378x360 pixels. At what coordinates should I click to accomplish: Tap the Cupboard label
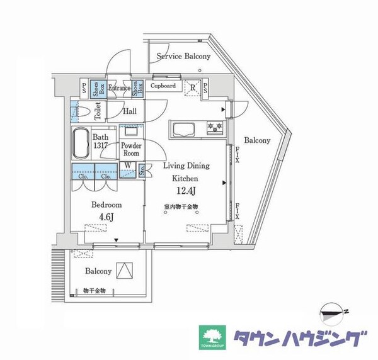(163, 86)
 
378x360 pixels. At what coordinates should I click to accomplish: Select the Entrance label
(119, 88)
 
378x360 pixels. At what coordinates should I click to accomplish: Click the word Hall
(130, 111)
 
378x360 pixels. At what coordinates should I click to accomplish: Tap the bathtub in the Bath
(81, 144)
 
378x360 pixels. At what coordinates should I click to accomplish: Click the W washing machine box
(128, 167)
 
